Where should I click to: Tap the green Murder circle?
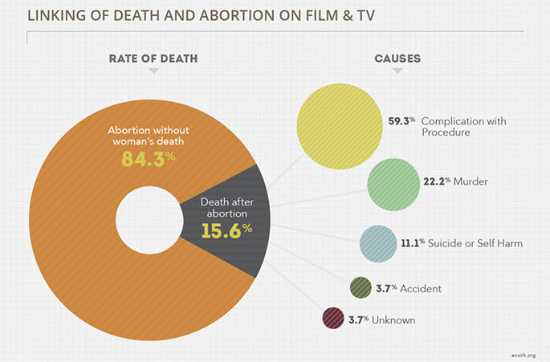pos(394,184)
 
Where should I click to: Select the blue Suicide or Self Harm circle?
pos(377,243)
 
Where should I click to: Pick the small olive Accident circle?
pos(361,287)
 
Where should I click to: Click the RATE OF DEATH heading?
pos(153,59)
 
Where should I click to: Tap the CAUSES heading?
pos(397,59)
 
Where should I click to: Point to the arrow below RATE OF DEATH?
pos(153,72)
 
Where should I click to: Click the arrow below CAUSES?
pos(397,72)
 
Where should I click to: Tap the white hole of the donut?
pos(147,220)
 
